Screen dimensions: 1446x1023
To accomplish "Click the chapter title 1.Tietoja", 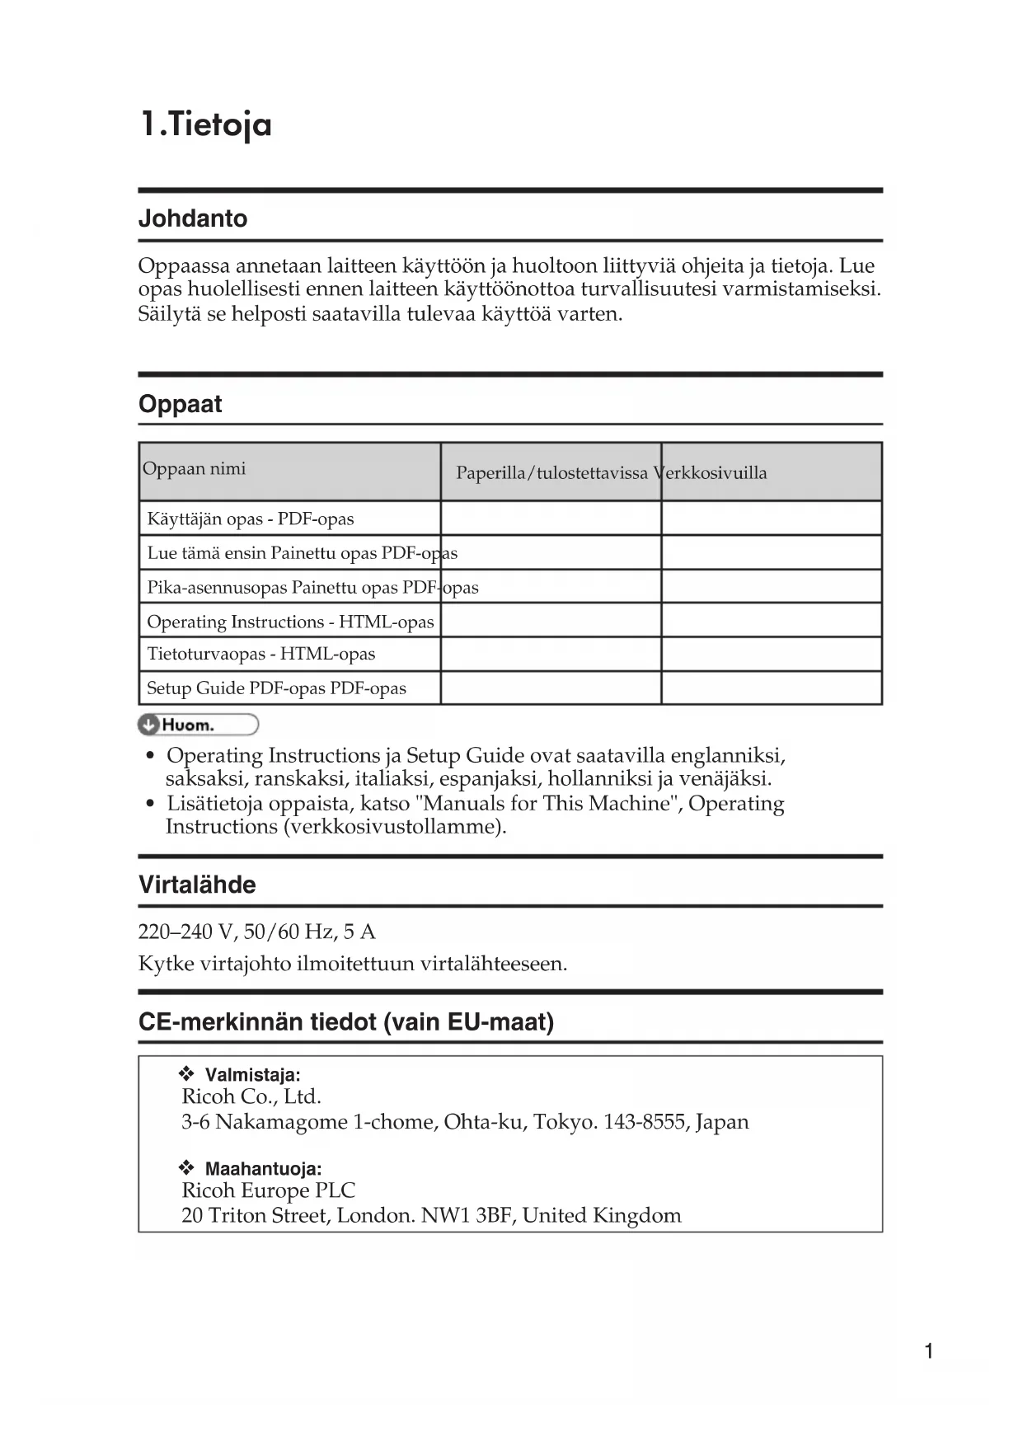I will (205, 125).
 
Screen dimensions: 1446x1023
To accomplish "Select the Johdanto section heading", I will (193, 218).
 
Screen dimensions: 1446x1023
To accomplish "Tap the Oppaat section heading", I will (181, 404).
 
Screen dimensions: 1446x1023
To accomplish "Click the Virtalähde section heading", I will (197, 885).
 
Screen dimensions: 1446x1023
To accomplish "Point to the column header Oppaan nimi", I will (195, 469).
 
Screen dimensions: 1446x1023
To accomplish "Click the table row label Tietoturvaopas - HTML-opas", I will (260, 654).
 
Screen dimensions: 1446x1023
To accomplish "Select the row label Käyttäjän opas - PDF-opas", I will (250, 519).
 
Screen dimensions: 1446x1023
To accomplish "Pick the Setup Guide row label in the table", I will (276, 688).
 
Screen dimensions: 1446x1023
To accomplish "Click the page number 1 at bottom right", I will (929, 1350).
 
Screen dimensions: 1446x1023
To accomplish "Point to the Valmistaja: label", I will (252, 1074).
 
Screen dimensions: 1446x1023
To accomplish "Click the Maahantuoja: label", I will (263, 1168).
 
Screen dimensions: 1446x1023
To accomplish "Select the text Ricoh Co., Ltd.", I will (251, 1096).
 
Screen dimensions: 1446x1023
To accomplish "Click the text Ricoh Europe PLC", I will (269, 1190).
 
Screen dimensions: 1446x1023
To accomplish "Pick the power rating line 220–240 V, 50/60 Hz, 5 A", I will (256, 932).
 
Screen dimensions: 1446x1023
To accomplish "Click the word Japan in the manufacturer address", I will (722, 1122).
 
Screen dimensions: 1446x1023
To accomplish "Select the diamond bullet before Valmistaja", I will (186, 1073).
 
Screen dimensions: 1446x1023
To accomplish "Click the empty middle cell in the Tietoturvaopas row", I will (551, 654).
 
